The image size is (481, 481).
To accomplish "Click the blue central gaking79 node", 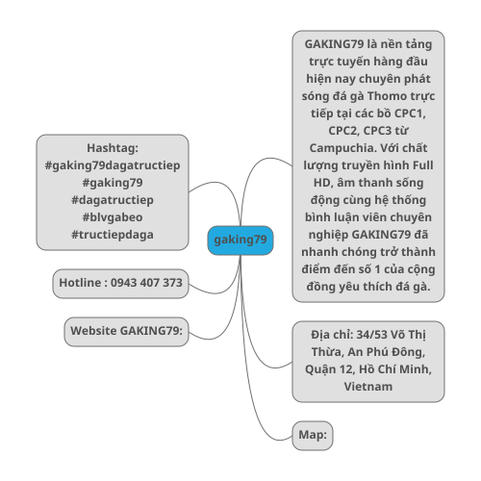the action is [240, 240].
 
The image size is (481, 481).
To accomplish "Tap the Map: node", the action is [313, 436].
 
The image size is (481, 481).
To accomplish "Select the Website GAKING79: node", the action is [126, 332].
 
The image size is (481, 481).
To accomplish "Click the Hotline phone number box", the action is [120, 284].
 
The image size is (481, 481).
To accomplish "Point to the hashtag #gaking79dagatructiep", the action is [113, 165].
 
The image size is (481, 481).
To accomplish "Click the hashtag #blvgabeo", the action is [113, 217].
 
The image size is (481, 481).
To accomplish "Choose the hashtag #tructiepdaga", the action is [113, 235].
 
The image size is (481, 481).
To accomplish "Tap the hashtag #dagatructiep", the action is [113, 200].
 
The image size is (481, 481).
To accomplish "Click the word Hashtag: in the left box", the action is [113, 148].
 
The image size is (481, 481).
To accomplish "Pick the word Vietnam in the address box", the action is [368, 387].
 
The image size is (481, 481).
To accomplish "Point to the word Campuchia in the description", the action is [343, 148].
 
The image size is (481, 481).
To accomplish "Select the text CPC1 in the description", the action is [410, 114].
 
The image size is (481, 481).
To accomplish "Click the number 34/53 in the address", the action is [372, 335].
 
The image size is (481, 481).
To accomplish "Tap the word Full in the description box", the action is [423, 165].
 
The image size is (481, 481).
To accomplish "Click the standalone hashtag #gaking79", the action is [113, 183].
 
